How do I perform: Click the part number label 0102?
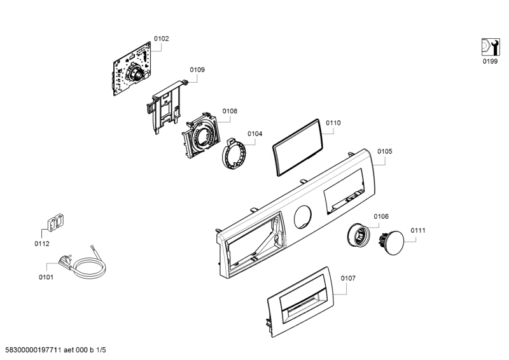(x=162, y=39)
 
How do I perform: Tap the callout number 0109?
(x=197, y=69)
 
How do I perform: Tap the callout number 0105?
(x=384, y=151)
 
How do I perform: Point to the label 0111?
(x=417, y=230)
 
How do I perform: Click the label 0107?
(x=348, y=278)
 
